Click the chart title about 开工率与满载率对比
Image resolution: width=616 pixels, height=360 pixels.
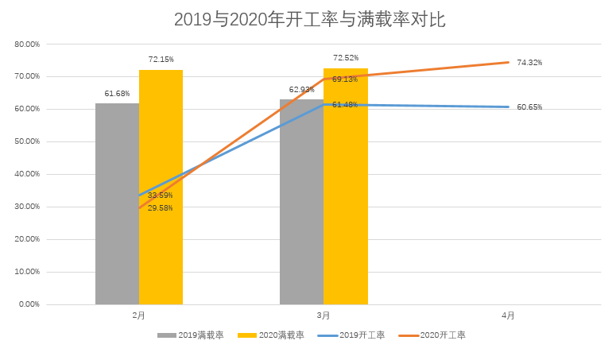309,20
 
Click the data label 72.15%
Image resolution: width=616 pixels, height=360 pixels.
161,59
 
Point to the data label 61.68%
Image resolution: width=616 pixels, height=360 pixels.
117,93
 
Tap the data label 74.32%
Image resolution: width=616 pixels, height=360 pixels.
529,63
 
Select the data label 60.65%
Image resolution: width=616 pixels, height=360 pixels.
529,107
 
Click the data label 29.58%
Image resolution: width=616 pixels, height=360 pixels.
160,208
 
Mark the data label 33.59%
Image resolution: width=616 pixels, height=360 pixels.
160,195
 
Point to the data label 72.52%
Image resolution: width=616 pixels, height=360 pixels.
346,58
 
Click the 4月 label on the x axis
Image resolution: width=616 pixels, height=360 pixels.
508,315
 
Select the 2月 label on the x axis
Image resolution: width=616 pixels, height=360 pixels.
138,315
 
